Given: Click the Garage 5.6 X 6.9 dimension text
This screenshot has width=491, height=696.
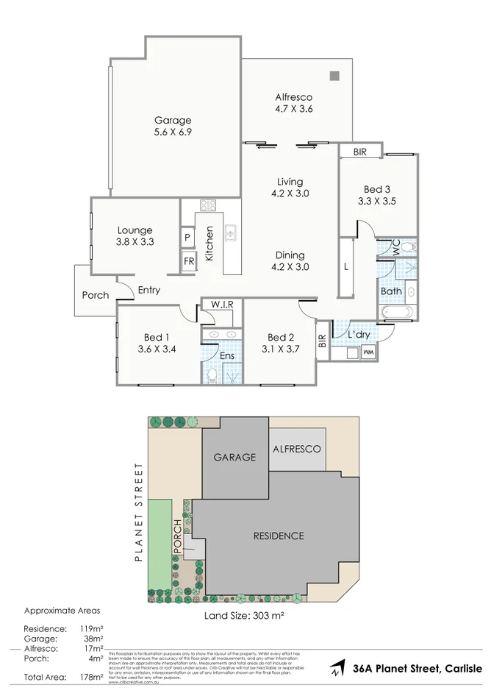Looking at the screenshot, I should pos(173,132).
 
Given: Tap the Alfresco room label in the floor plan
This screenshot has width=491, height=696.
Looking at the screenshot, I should pos(294,96).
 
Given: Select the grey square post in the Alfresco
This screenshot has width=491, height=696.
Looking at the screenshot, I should pos(334,75).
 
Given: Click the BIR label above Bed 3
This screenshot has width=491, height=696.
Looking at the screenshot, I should pos(360,152).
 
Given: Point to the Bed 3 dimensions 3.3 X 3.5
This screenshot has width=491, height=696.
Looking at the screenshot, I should pos(377,199).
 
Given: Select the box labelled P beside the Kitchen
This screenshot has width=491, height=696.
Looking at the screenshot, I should pos(187,238).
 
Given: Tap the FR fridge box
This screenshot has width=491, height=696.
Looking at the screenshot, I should pos(188,261).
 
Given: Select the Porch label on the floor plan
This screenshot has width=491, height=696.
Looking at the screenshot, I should pos(95,295).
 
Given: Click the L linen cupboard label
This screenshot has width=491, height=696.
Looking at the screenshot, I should pos(346,266).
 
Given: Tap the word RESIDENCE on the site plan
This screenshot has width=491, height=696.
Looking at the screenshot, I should pos(279,536).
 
